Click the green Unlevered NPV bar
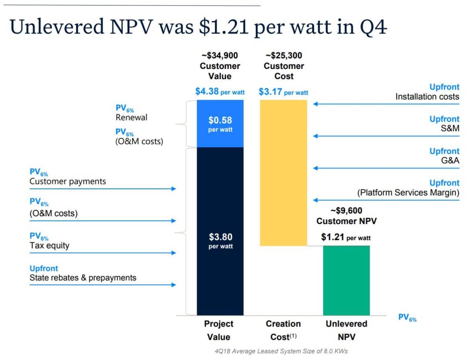tap(346, 280)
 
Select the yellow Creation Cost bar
tap(283, 173)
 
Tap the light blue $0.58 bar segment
tap(220, 124)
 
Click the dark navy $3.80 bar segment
tap(220, 230)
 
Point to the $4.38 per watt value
tap(220, 92)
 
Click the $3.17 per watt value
tap(283, 92)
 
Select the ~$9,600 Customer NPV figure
tap(346, 216)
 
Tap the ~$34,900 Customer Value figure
tap(220, 66)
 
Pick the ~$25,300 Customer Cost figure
tap(283, 66)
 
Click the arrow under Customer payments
tap(102, 189)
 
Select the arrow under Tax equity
tap(102, 253)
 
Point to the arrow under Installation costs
tap(386, 104)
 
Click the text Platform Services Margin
tap(408, 193)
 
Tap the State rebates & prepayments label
tap(83, 278)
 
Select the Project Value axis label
tap(219, 330)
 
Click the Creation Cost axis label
tap(283, 330)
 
